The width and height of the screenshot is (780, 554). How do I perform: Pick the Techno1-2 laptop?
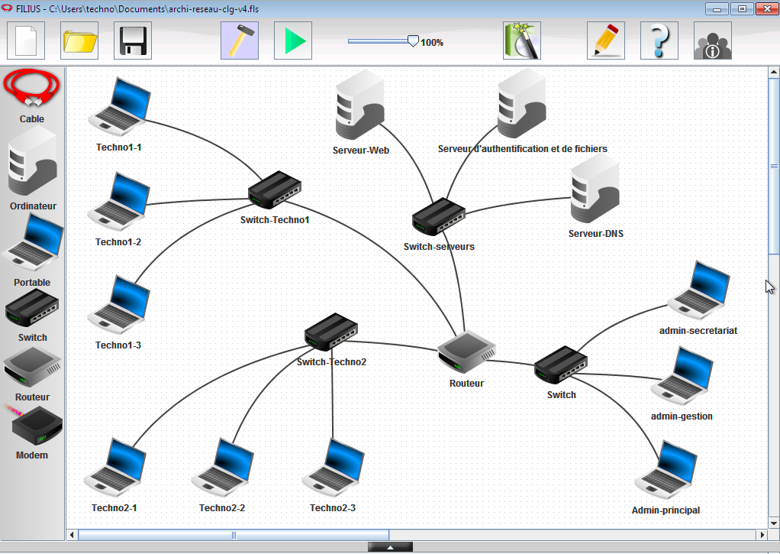[x=118, y=202]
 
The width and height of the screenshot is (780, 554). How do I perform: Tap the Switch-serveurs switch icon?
[x=439, y=217]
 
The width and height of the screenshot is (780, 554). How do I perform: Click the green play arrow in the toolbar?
[x=293, y=40]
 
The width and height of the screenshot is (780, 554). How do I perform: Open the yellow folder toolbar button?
[x=79, y=40]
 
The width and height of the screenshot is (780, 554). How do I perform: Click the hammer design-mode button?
[x=240, y=40]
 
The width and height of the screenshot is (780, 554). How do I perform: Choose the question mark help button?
[x=659, y=40]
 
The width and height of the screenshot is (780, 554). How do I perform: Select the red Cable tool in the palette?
[x=32, y=90]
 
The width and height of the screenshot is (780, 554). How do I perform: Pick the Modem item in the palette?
[x=32, y=428]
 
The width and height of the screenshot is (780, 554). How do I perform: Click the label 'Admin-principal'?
[x=666, y=510]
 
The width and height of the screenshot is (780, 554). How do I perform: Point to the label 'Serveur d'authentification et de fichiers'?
[x=523, y=149]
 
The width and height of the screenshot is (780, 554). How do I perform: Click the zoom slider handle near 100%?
[x=413, y=41]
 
